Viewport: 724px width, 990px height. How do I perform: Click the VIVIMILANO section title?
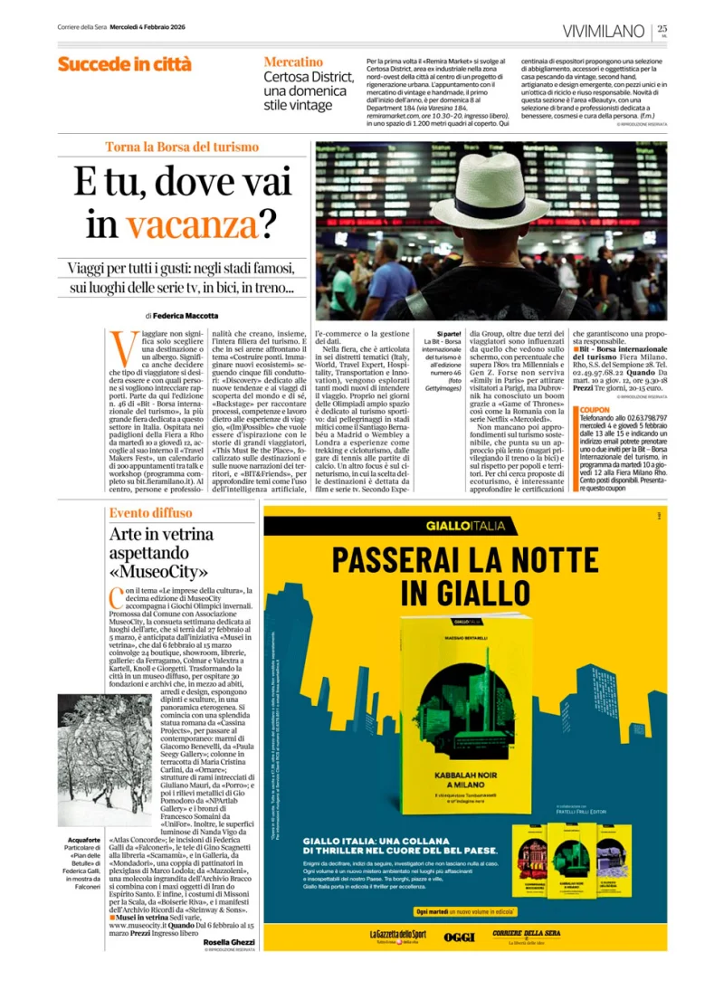(604, 32)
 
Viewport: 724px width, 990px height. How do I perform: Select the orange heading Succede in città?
(124, 64)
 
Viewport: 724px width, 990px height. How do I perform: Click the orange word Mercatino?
(293, 62)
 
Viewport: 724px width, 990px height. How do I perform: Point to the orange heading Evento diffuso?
(150, 513)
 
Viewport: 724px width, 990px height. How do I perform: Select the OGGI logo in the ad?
(460, 937)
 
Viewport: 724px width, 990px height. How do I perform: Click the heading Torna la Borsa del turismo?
(182, 147)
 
